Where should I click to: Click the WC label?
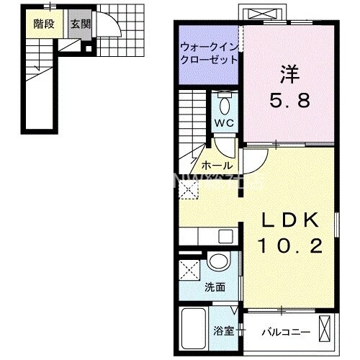point(225,122)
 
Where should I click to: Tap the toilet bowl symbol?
point(225,104)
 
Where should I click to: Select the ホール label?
point(216,166)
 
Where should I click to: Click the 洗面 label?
point(215,287)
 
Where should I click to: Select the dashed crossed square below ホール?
point(190,190)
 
